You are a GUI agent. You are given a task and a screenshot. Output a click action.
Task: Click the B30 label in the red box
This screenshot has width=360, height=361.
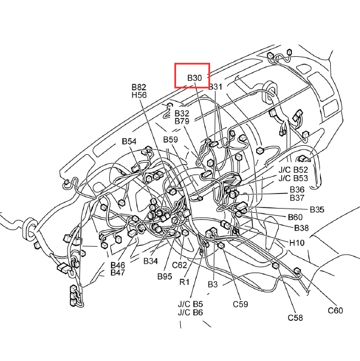(195, 78)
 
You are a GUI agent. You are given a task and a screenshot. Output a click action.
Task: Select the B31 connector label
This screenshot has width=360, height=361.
(216, 87)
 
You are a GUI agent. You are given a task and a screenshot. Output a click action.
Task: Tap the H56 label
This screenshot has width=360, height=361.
(139, 95)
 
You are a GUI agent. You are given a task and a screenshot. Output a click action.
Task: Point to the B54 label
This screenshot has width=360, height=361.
(129, 141)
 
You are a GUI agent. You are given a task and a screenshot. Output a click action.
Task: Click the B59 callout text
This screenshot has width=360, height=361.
(171, 139)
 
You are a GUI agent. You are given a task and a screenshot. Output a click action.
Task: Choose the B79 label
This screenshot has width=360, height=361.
(181, 121)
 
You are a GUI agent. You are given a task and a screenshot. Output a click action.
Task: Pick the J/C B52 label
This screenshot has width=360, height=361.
(293, 170)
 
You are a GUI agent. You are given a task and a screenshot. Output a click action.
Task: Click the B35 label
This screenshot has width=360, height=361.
(317, 210)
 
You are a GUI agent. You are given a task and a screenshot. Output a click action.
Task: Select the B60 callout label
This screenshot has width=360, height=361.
(295, 217)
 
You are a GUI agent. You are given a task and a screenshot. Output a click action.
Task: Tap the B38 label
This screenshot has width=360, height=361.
(301, 228)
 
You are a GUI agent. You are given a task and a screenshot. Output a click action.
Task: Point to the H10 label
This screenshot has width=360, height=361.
(297, 243)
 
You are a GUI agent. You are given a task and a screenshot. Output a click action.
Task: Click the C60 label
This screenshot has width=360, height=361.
(336, 311)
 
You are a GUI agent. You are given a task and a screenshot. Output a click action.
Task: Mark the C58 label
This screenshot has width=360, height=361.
(296, 318)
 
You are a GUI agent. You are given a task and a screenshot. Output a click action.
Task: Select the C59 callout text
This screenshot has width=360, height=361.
(241, 304)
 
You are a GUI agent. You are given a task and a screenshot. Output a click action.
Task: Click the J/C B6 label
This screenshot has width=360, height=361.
(190, 313)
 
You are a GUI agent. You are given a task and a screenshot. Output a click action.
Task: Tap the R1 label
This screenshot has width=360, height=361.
(184, 282)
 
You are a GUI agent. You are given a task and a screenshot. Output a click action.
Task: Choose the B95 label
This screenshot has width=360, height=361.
(165, 276)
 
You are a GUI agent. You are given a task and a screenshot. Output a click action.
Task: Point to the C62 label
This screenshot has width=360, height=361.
(180, 265)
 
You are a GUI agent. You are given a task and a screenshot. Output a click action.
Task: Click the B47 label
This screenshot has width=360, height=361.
(118, 273)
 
